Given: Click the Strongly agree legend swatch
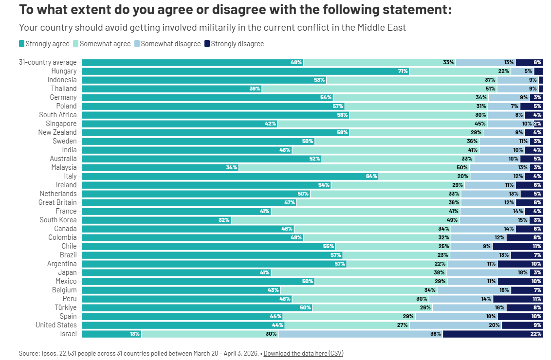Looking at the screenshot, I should (21, 44).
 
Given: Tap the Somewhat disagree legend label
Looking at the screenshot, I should (170, 44).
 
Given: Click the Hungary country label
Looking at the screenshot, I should (64, 71).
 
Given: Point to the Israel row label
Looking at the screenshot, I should (68, 334).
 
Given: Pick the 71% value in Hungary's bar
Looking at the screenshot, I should (403, 71).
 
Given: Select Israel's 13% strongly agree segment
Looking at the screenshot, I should (111, 334).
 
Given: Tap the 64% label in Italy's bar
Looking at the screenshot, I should (371, 176).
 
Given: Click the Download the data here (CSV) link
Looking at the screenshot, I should (303, 353).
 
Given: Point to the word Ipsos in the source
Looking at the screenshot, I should (50, 353).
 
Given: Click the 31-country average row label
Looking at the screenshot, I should (48, 62).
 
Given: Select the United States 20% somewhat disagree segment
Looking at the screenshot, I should (456, 325).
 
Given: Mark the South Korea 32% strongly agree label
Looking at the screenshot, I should (224, 220).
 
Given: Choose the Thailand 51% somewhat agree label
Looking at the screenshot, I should (490, 89).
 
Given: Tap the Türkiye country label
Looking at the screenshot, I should (65, 307).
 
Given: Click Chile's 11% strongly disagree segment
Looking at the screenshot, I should (517, 246).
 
